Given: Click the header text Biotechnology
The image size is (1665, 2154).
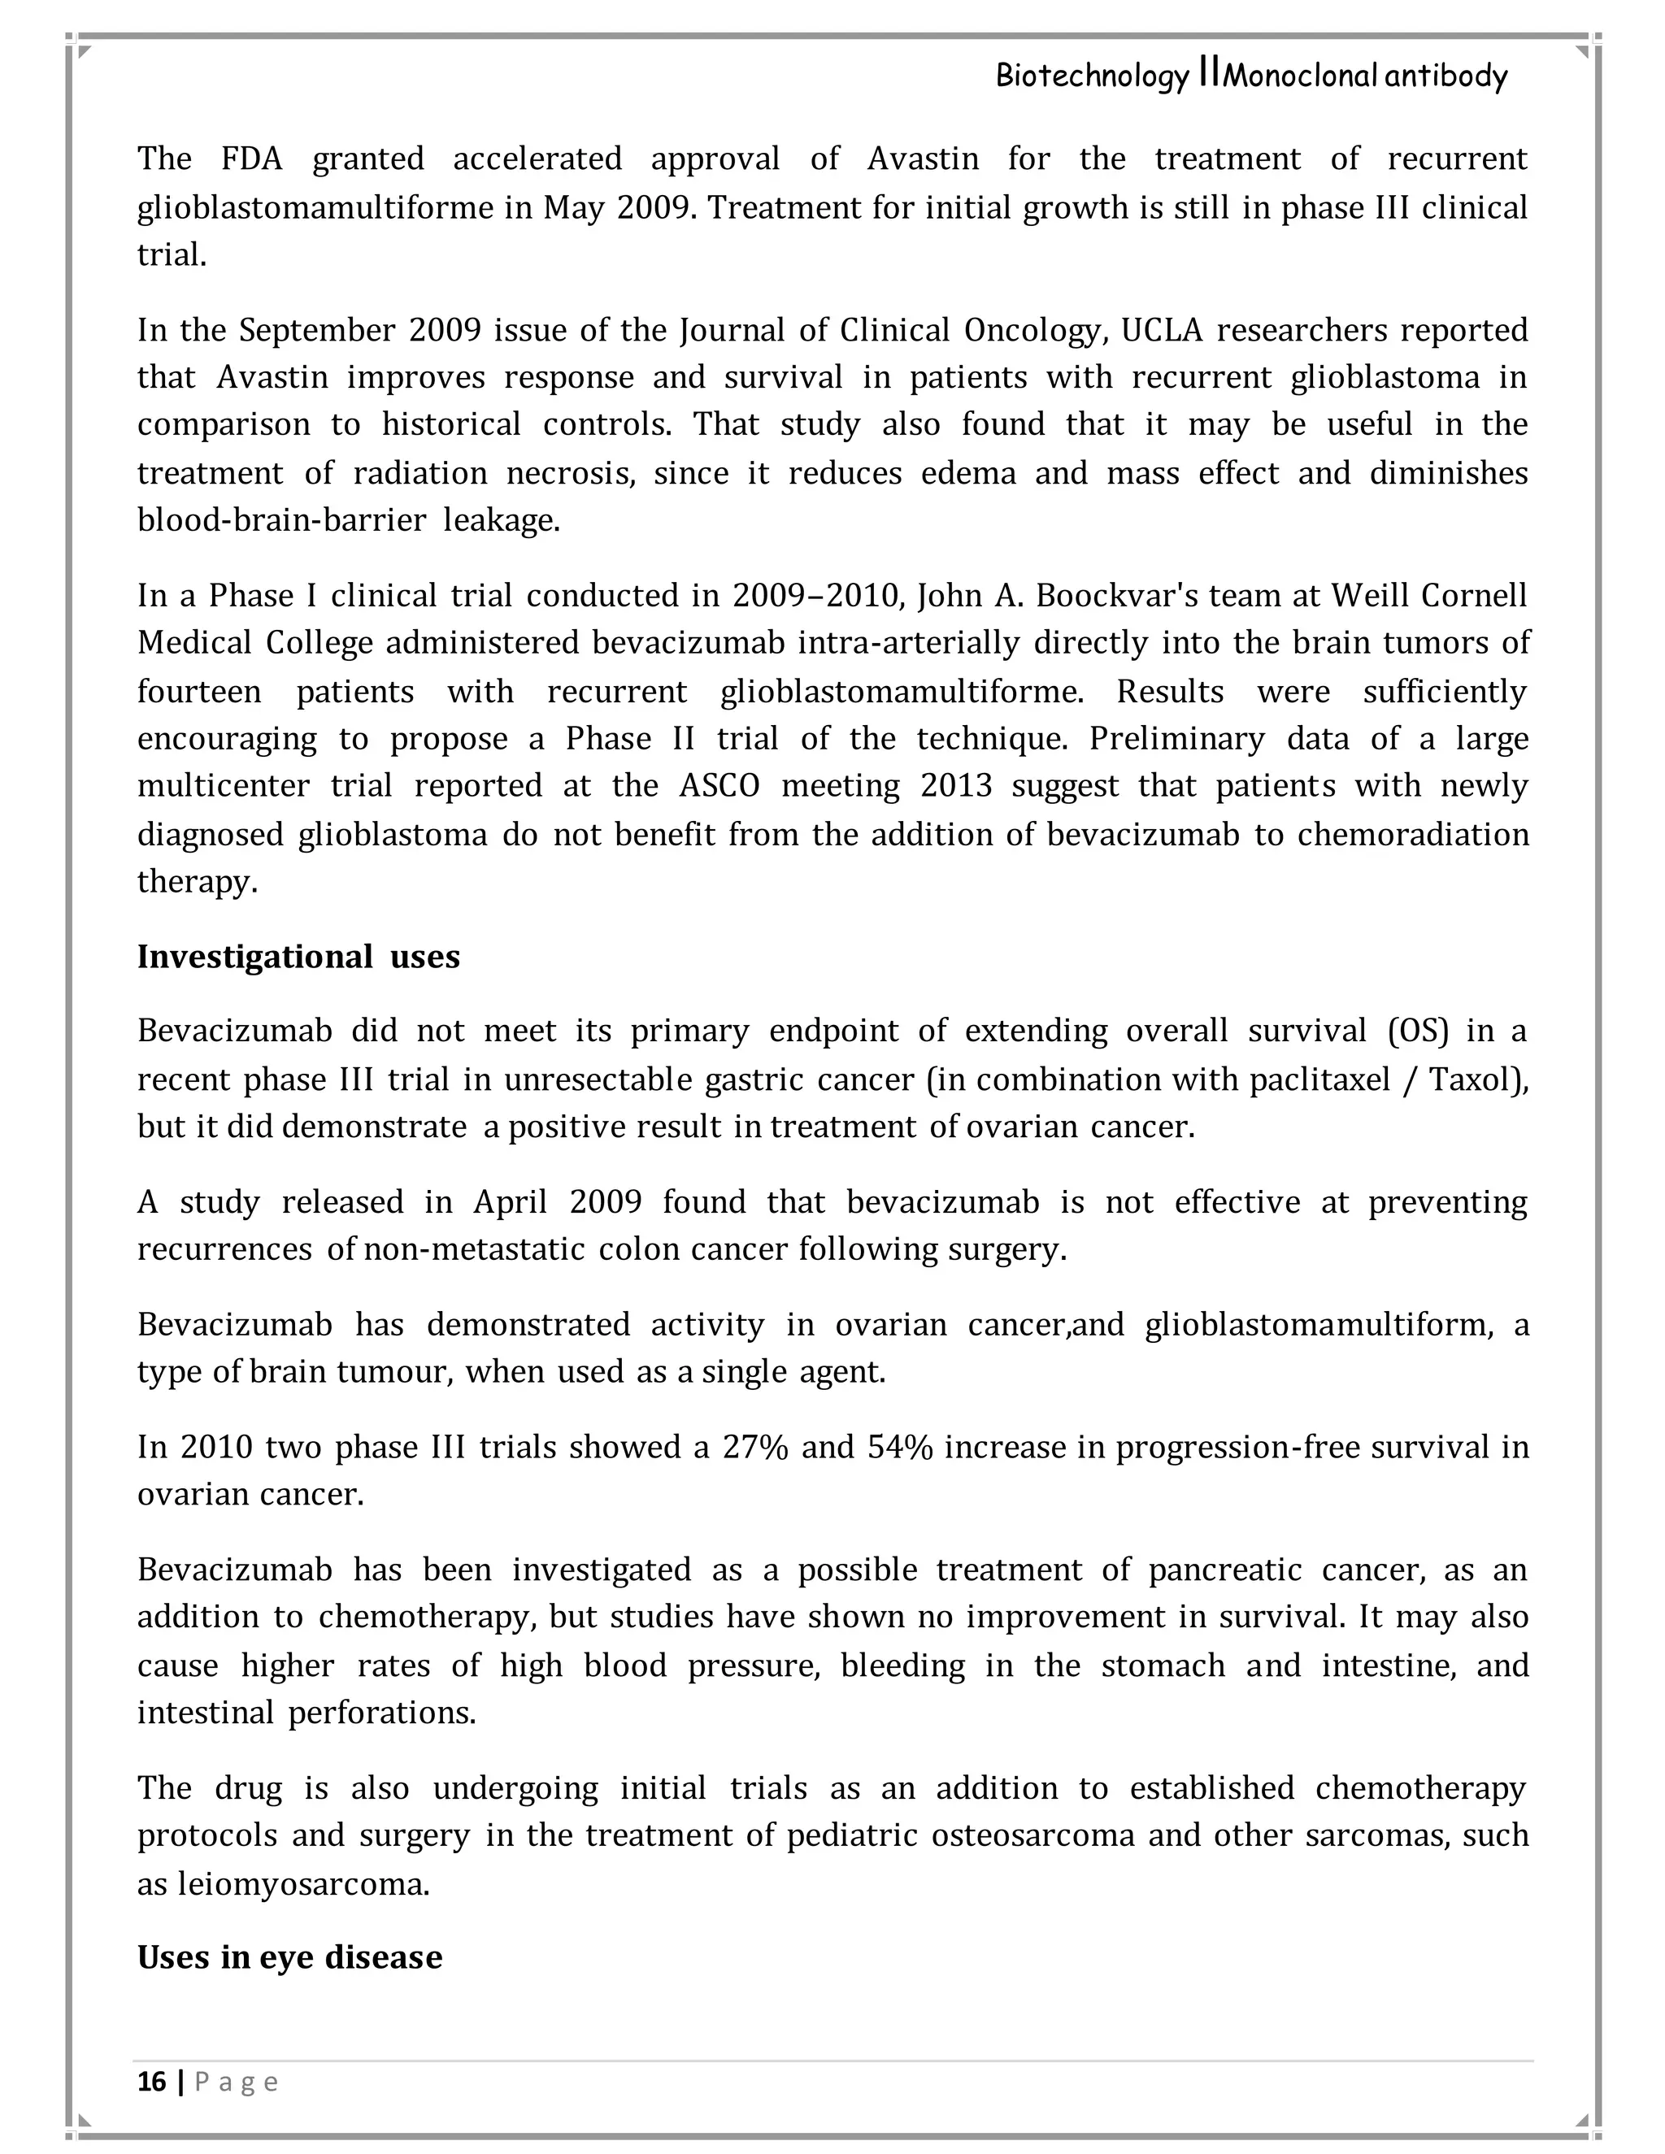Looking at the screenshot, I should (1091, 76).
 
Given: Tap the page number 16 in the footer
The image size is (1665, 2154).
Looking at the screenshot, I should (151, 2081).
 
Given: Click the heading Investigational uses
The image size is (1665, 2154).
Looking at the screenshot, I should (298, 957).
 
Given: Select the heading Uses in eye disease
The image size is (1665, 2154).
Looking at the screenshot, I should (289, 1956).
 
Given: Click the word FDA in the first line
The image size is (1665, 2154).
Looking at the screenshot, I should (250, 159).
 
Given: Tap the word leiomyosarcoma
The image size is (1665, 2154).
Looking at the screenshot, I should (302, 1884).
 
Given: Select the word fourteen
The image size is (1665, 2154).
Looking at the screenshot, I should (199, 692).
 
